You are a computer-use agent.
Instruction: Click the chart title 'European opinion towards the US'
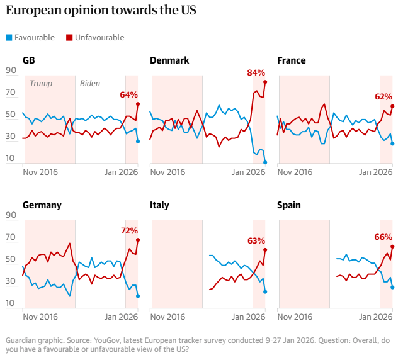click(101, 11)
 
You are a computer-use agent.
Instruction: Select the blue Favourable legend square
click(8, 38)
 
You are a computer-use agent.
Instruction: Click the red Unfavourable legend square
click(69, 38)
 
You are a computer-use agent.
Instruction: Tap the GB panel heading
click(28, 60)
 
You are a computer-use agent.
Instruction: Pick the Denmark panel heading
click(169, 60)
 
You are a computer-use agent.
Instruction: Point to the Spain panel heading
click(289, 205)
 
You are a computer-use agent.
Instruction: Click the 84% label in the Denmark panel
click(256, 73)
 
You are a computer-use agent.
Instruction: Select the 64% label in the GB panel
click(128, 95)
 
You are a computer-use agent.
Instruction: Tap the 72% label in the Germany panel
click(129, 231)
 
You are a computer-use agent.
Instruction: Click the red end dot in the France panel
click(392, 106)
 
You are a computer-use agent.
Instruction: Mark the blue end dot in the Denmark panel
click(265, 162)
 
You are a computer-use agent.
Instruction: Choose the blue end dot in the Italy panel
click(265, 291)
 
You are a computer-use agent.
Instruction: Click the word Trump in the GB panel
click(41, 83)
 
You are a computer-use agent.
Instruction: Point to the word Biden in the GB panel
click(90, 83)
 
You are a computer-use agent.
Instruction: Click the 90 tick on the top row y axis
click(11, 70)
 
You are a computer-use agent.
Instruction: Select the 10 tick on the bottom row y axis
click(11, 303)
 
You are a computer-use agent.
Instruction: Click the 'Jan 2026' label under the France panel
click(375, 172)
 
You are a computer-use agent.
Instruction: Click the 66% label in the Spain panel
click(383, 237)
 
